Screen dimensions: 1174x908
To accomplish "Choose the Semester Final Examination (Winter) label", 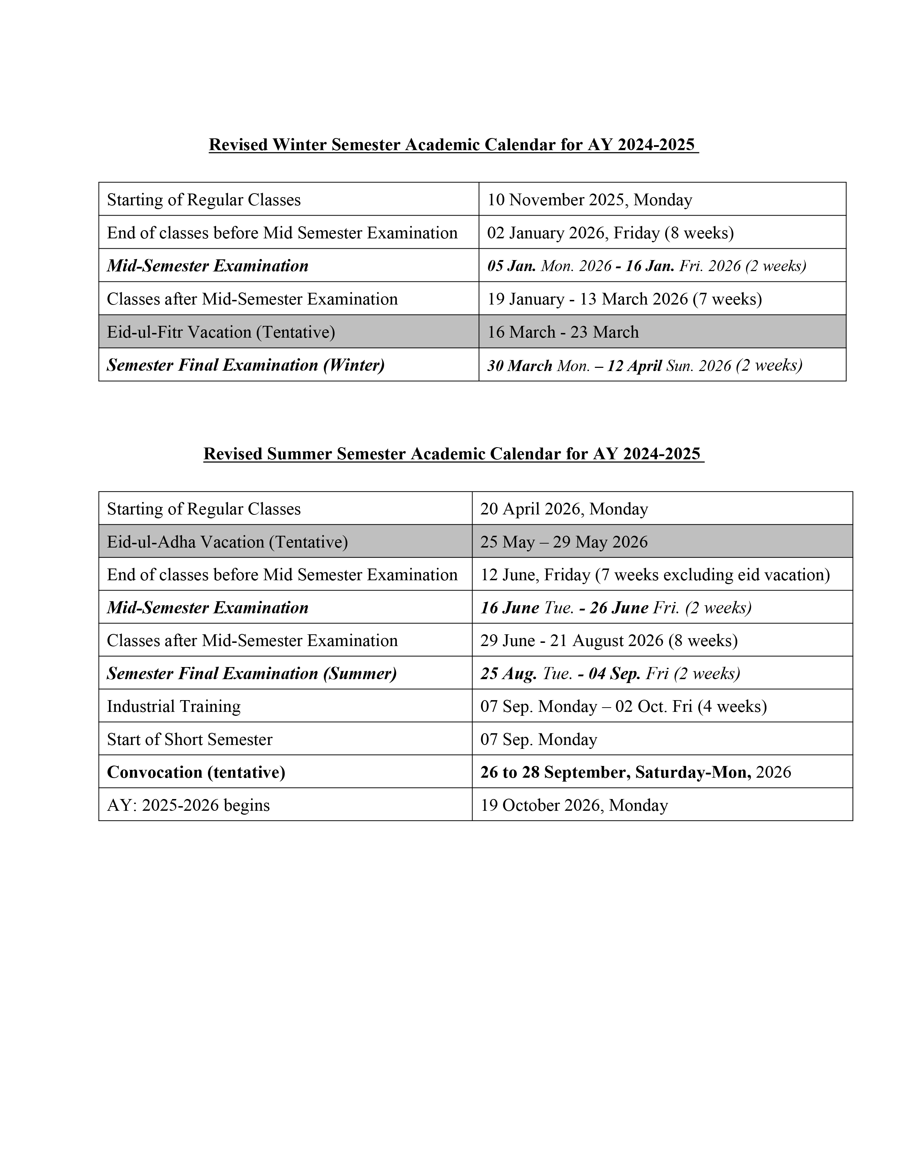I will [245, 365].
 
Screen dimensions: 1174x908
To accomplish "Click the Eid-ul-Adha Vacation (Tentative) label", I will [227, 542].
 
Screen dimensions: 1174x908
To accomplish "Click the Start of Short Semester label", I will [189, 739].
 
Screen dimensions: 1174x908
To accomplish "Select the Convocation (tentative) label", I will [196, 772].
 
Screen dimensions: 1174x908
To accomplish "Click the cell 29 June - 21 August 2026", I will [609, 640].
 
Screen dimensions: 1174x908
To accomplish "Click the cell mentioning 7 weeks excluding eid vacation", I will [654, 575].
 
